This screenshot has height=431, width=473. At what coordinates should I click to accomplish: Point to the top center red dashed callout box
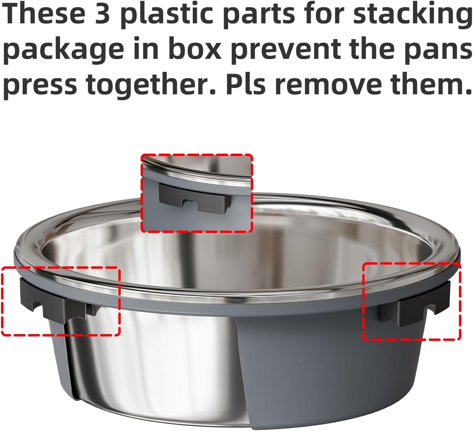coord(197,155)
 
